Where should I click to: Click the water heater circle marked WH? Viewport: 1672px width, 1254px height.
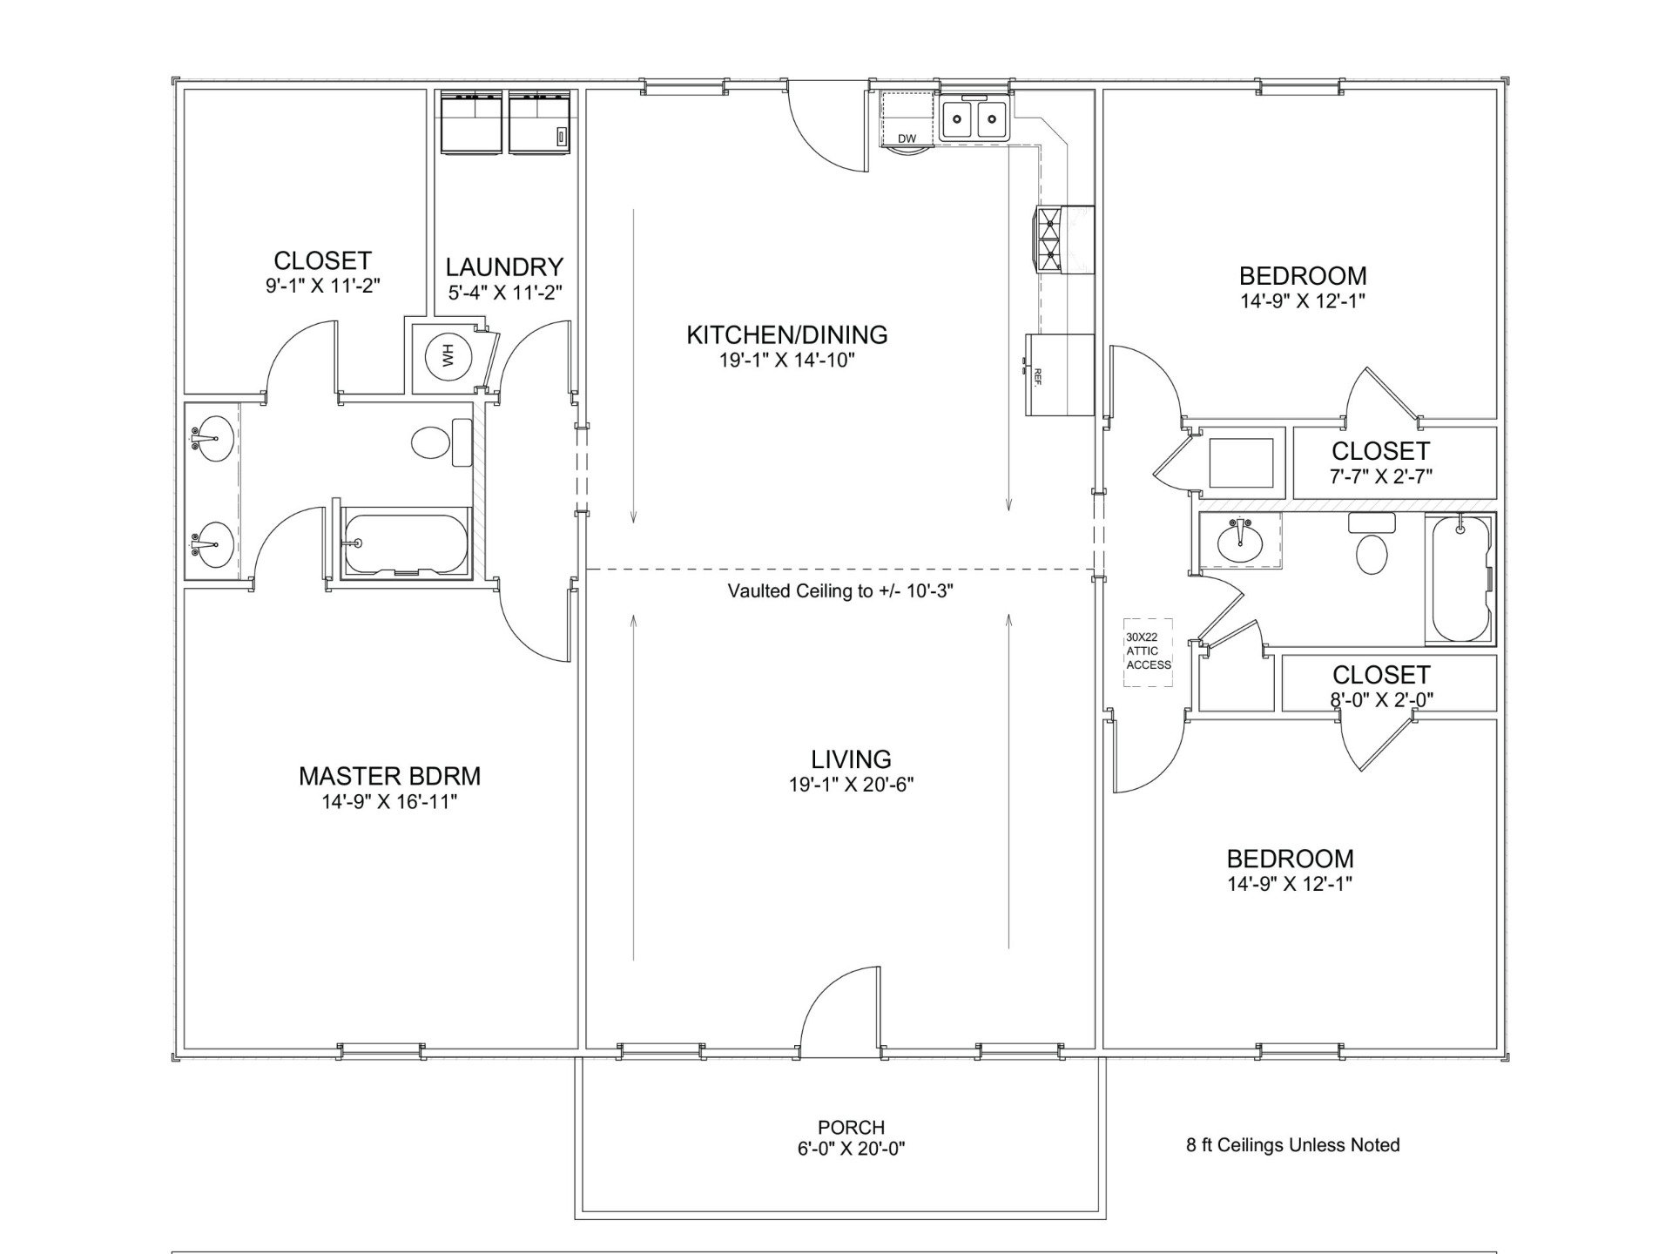tap(449, 356)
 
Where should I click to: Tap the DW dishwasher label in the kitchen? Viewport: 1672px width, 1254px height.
tap(907, 138)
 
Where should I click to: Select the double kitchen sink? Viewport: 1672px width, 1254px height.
tap(974, 120)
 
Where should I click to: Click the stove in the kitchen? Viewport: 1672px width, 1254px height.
tap(1063, 239)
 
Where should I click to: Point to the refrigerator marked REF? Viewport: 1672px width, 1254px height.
tap(1060, 375)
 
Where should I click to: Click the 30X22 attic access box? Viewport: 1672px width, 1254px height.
tap(1148, 652)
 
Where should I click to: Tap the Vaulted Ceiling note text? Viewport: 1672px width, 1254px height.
tap(840, 591)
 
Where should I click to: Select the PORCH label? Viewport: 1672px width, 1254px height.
tap(851, 1127)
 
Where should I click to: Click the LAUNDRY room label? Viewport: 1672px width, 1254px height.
tap(504, 266)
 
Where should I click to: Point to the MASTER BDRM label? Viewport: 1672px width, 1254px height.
tap(389, 776)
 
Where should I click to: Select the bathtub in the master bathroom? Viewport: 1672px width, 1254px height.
tap(407, 543)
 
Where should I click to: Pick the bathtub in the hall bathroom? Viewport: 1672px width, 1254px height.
tap(1460, 579)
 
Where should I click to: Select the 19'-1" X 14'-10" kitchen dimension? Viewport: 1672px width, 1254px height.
tap(787, 361)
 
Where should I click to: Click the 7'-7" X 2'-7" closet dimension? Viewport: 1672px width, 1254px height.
tap(1381, 476)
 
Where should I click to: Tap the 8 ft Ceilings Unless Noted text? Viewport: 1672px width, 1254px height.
tap(1292, 1145)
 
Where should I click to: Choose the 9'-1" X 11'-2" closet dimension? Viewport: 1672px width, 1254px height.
tap(323, 286)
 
